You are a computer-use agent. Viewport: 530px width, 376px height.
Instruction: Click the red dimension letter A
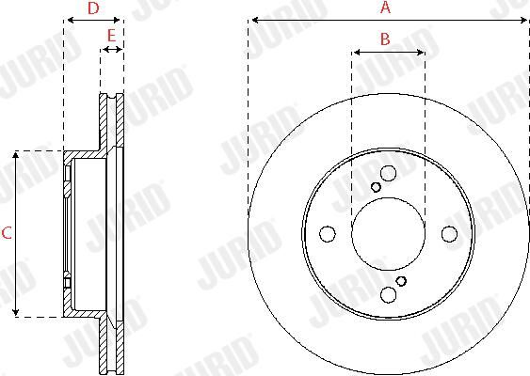(x=385, y=8)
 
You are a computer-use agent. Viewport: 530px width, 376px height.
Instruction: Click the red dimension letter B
(x=385, y=39)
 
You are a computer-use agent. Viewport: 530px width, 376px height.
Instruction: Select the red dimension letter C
(x=7, y=233)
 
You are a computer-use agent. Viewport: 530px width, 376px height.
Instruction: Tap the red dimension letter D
(x=93, y=8)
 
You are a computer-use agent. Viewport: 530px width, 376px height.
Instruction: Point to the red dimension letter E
(x=111, y=36)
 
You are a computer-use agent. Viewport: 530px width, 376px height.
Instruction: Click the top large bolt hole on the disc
(x=388, y=174)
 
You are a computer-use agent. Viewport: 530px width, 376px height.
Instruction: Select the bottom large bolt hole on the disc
(x=388, y=294)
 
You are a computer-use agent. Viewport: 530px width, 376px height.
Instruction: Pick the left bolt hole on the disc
(x=328, y=234)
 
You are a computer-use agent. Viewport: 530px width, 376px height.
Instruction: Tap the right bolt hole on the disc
(x=450, y=234)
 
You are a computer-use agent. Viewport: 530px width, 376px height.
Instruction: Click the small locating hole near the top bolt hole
(x=376, y=187)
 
